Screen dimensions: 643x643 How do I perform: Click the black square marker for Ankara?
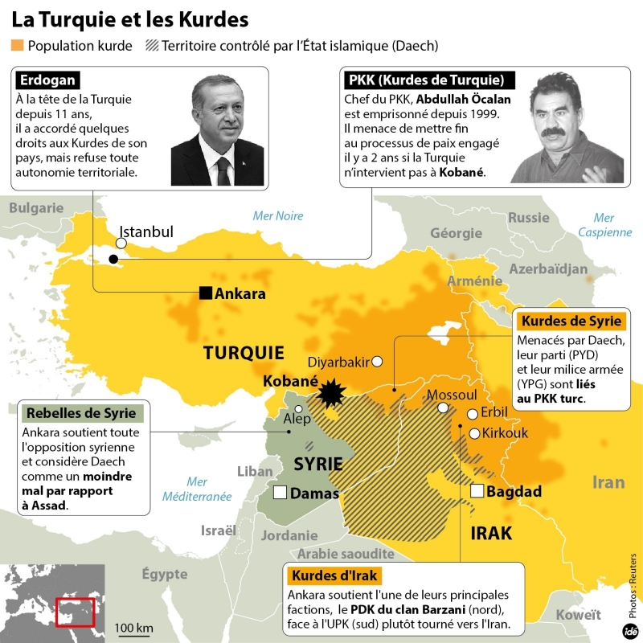pyautogui.click(x=207, y=293)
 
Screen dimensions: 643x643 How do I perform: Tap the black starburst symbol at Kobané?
pyautogui.click(x=329, y=394)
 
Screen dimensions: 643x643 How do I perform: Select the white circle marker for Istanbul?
pyautogui.click(x=121, y=243)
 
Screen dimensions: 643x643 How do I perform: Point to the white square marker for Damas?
pyautogui.click(x=281, y=493)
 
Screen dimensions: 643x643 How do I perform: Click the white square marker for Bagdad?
pyautogui.click(x=477, y=491)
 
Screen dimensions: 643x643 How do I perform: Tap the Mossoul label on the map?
pyautogui.click(x=452, y=395)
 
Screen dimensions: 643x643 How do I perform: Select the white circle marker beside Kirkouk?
pyautogui.click(x=475, y=433)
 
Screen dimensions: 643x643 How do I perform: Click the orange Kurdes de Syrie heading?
pyautogui.click(x=571, y=321)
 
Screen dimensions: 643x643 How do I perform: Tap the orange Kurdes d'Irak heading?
pyautogui.click(x=334, y=576)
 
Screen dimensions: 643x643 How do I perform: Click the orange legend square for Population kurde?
pyautogui.click(x=18, y=45)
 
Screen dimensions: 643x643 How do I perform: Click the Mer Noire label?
pyautogui.click(x=278, y=215)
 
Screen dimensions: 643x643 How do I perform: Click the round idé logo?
pyautogui.click(x=632, y=630)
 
